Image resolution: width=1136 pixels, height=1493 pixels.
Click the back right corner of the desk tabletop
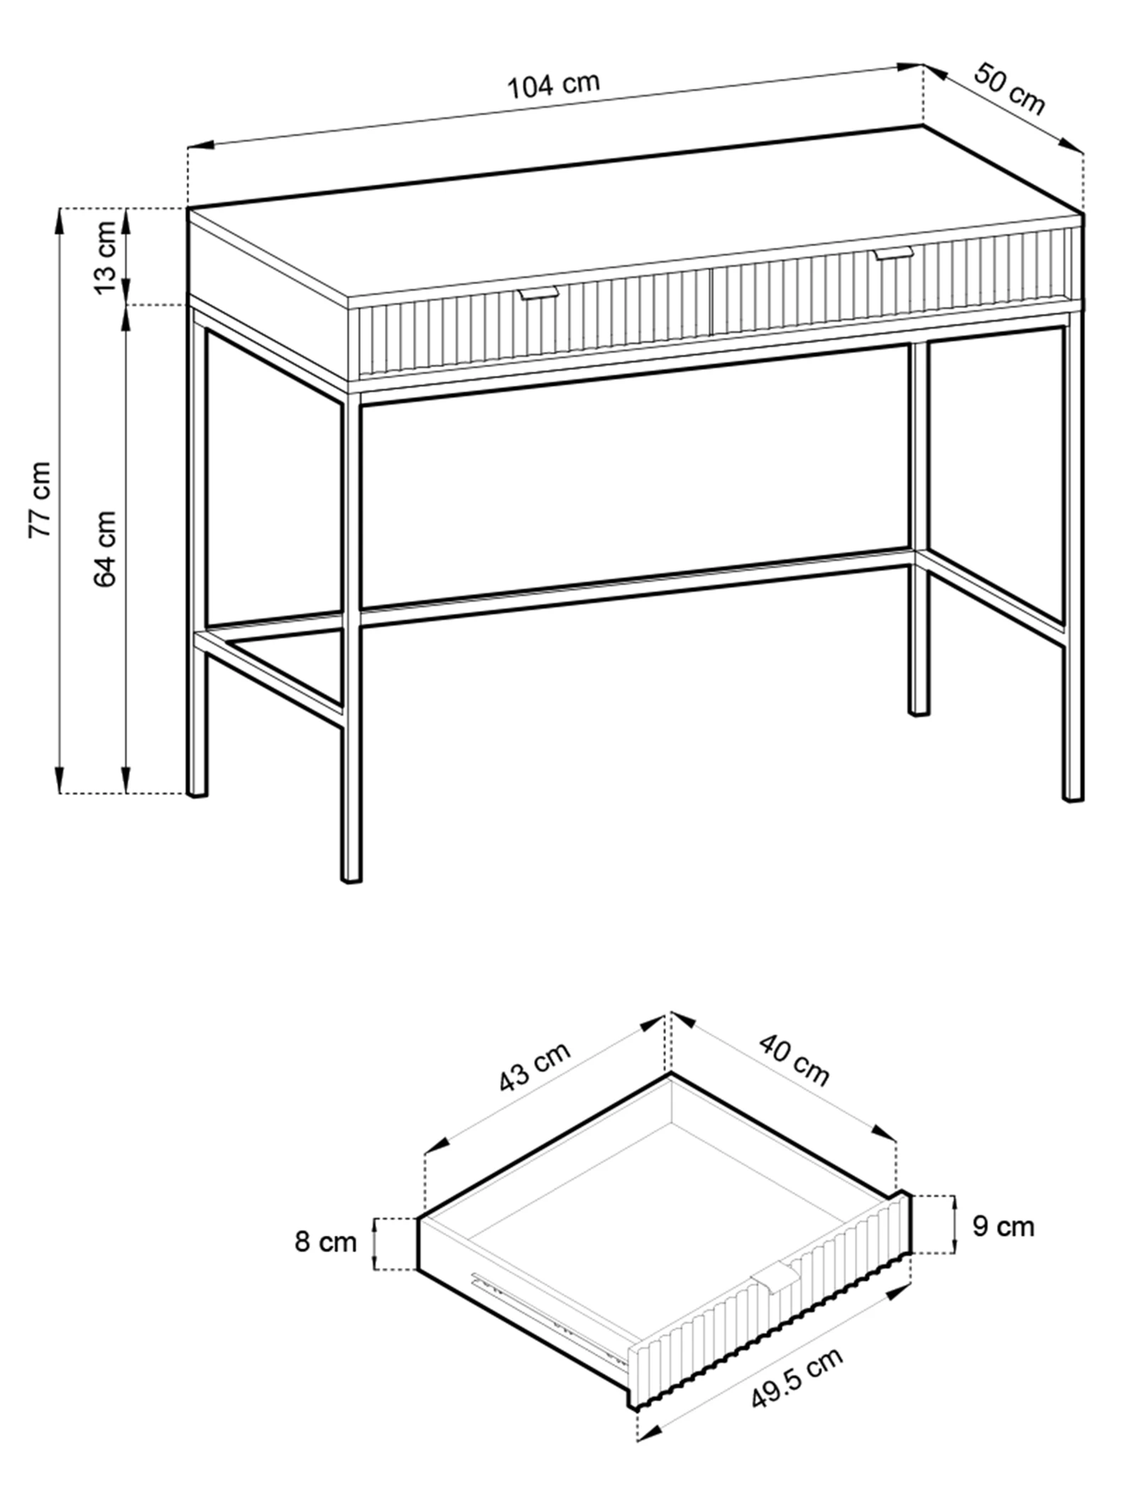coord(922,126)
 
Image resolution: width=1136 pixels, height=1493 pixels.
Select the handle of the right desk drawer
coord(893,253)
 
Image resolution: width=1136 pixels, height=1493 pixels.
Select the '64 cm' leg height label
coord(105,548)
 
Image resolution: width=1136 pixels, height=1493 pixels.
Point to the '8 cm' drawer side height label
coord(325,1242)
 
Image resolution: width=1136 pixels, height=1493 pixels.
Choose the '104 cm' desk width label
coord(554,85)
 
